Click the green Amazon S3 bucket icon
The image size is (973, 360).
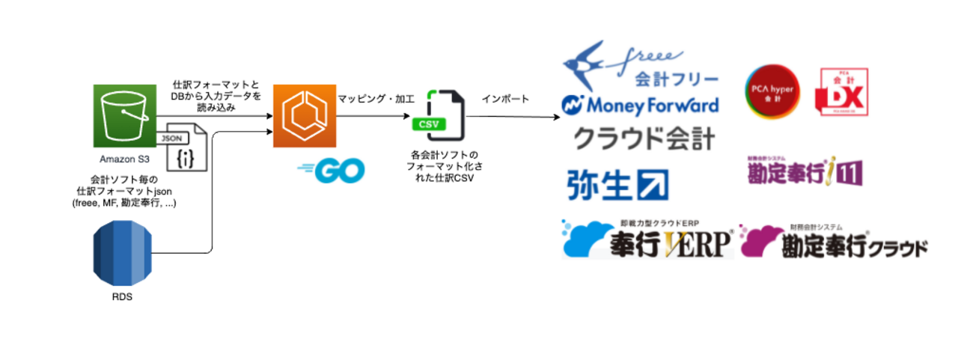123,116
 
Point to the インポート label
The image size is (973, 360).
505,99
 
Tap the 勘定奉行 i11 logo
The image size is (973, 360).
805,170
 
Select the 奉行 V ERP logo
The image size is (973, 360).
647,240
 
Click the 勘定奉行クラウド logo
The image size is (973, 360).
833,242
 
